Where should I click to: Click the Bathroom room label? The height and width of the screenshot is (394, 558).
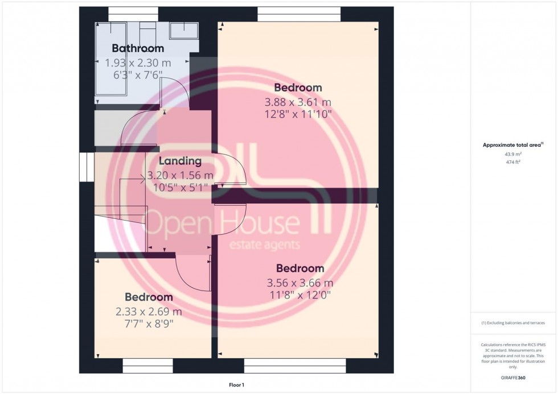[138, 48]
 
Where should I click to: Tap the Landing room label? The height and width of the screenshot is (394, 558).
[180, 161]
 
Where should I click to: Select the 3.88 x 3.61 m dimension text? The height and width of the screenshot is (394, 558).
[298, 102]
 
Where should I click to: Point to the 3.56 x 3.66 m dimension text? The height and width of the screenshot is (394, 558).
[300, 283]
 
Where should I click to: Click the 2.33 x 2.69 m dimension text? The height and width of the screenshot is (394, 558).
[149, 312]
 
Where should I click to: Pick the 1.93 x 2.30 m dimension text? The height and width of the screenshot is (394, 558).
[138, 63]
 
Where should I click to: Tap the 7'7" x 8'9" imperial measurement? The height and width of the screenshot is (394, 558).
[149, 324]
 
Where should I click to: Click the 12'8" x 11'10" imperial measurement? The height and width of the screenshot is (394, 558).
[298, 115]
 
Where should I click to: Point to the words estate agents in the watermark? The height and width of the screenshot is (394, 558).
[264, 245]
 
